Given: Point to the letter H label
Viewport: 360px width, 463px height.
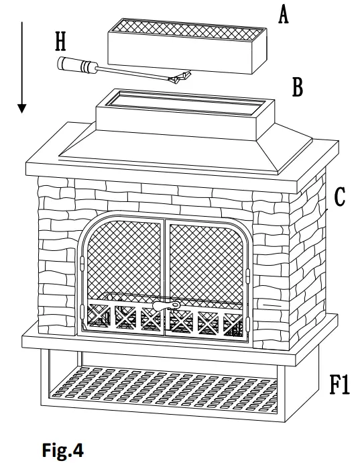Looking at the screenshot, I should point(60,42).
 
